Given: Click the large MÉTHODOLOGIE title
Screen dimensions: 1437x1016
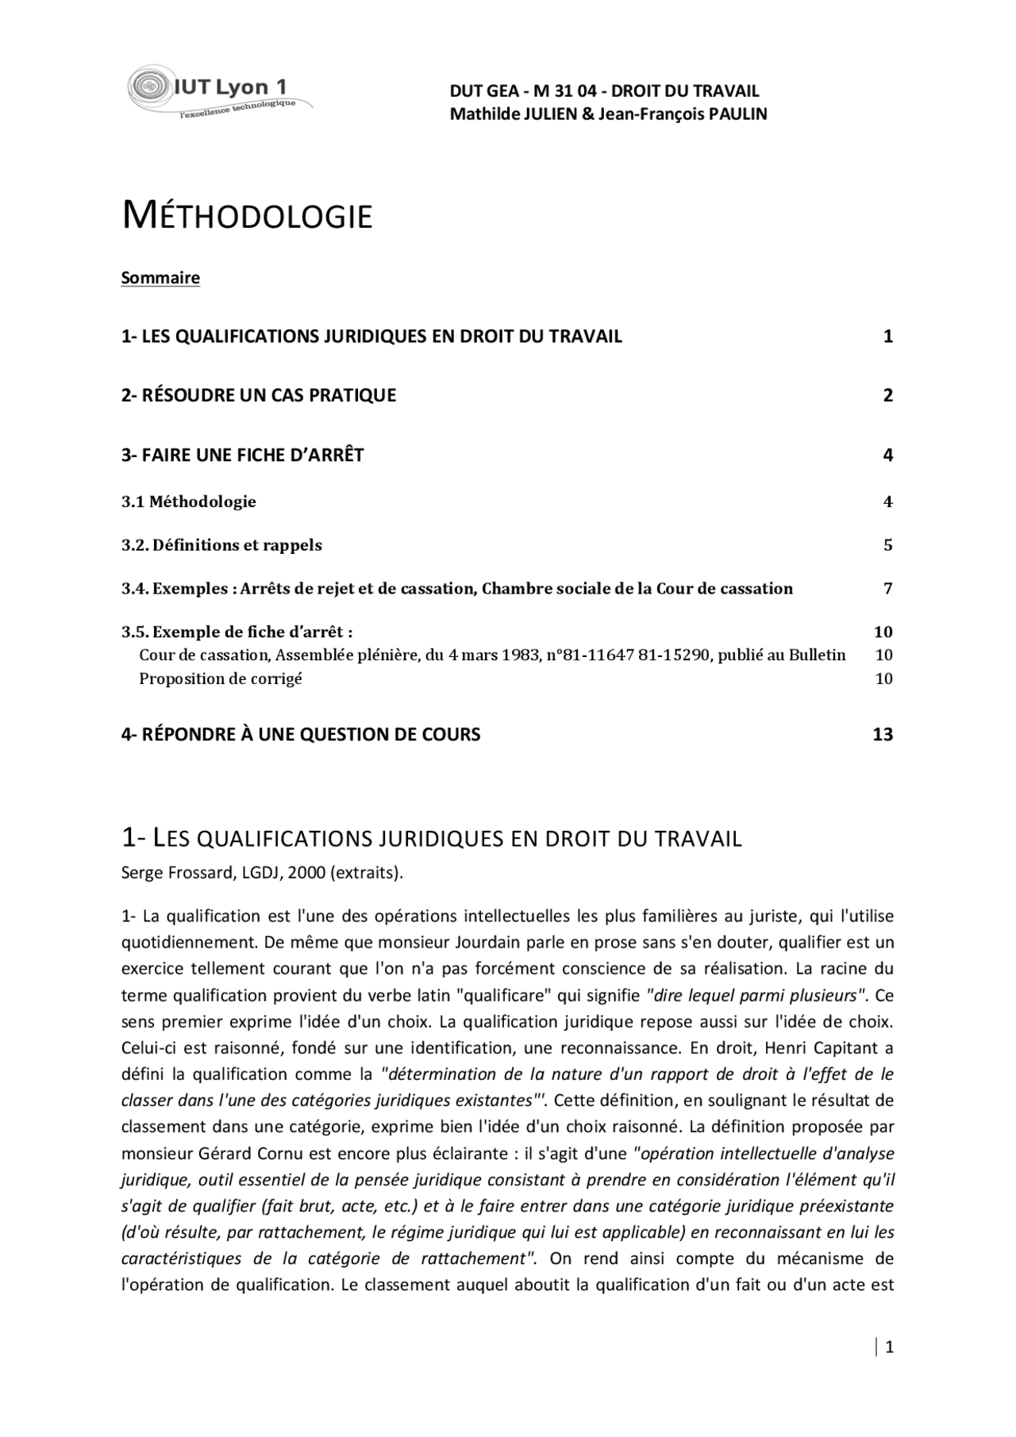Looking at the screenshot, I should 247,217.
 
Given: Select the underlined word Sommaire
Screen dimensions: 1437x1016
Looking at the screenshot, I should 160,278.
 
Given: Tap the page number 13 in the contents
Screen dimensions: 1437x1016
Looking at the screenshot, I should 883,735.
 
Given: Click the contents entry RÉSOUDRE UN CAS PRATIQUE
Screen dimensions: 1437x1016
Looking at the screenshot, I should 268,395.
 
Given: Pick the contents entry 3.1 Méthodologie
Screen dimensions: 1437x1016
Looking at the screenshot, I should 189,501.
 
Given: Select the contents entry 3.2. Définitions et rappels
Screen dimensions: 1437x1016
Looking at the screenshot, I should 221,545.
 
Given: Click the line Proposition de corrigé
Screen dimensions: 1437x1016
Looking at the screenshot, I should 221,678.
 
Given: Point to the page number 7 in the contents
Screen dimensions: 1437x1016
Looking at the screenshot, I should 887,589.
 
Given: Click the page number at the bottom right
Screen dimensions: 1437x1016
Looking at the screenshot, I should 889,1347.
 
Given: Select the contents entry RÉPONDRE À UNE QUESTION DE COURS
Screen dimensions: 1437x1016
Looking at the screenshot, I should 301,735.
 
